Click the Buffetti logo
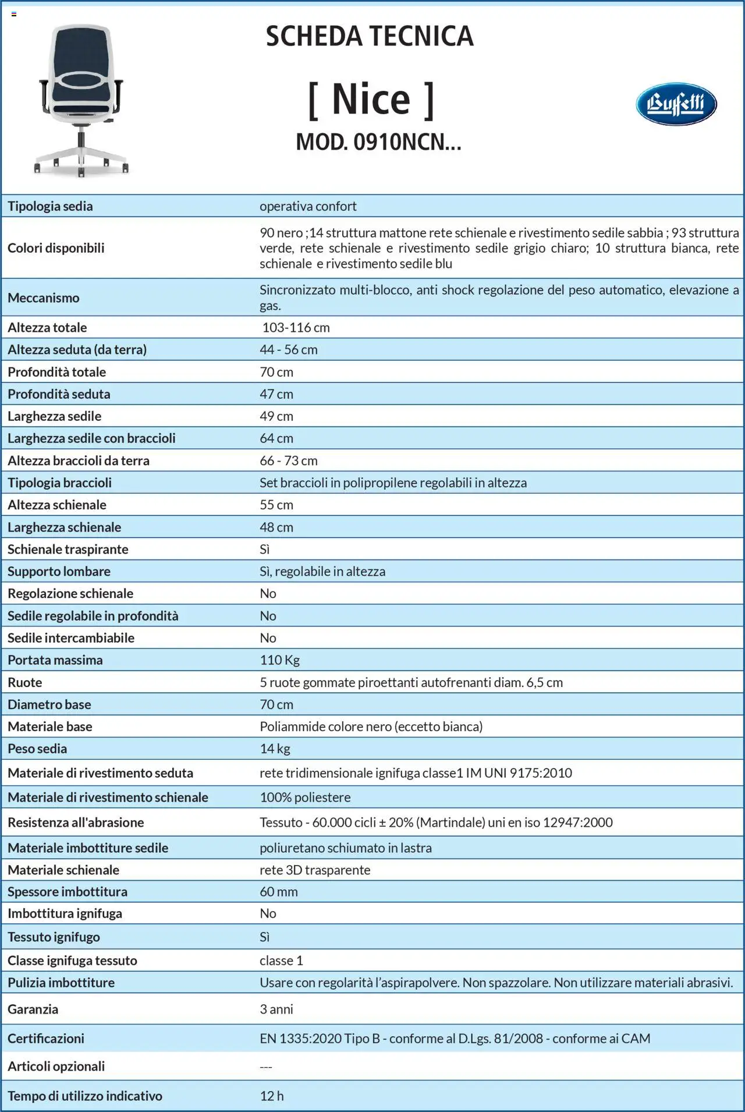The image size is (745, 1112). pyautogui.click(x=676, y=104)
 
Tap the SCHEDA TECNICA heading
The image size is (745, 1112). pyautogui.click(x=370, y=36)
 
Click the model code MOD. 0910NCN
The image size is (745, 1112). pyautogui.click(x=378, y=142)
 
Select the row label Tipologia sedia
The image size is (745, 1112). pyautogui.click(x=50, y=206)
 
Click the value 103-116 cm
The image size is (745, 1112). pyautogui.click(x=296, y=327)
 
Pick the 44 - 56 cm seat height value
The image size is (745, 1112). pyautogui.click(x=289, y=349)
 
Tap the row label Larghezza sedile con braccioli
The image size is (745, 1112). pyautogui.click(x=91, y=438)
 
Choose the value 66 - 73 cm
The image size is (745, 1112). pyautogui.click(x=289, y=461)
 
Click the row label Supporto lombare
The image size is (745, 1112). pyautogui.click(x=59, y=571)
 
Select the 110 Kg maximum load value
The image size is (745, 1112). pyautogui.click(x=280, y=660)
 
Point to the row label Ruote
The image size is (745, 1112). pyautogui.click(x=25, y=682)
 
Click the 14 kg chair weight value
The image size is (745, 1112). pyautogui.click(x=275, y=749)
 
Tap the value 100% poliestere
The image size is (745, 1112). pyautogui.click(x=305, y=797)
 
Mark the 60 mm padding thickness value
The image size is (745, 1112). pyautogui.click(x=279, y=891)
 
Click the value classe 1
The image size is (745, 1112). pyautogui.click(x=281, y=960)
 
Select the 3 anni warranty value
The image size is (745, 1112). pyautogui.click(x=276, y=1009)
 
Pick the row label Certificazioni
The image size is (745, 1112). pyautogui.click(x=46, y=1038)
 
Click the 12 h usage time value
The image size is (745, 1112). pyautogui.click(x=272, y=1096)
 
